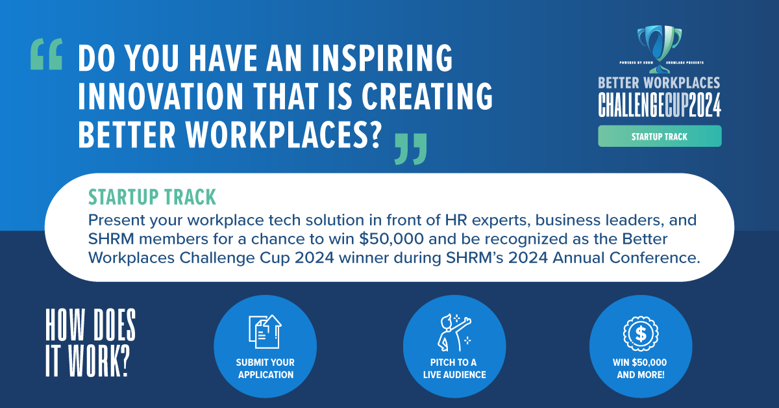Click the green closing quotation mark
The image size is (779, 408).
point(412,148)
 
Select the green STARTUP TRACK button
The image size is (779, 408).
point(659,136)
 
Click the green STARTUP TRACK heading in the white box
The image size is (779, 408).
point(152,196)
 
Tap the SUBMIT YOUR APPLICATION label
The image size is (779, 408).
point(265,368)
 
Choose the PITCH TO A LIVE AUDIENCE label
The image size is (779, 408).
point(454,368)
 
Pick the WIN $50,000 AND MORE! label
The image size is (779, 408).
point(640,368)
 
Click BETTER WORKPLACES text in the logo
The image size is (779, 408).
point(659,83)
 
